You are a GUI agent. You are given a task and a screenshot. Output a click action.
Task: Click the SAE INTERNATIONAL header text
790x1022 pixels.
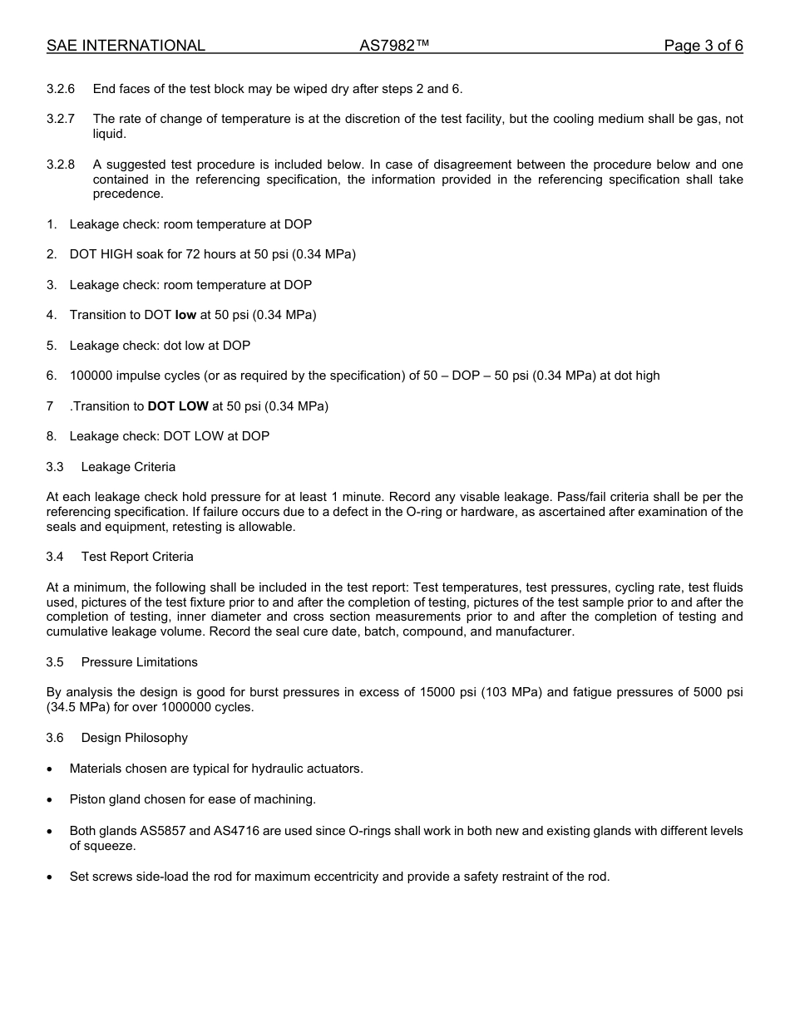tap(126, 47)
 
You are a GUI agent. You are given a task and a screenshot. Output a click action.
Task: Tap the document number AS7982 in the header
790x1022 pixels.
tap(394, 47)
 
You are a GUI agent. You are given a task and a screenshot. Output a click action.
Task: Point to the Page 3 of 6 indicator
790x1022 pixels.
tap(703, 47)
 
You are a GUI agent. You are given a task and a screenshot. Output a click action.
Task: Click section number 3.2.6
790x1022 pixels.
tap(61, 89)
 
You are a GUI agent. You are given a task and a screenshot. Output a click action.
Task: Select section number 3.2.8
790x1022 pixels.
tap(61, 165)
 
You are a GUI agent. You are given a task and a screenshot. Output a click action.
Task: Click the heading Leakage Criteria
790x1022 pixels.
tap(128, 467)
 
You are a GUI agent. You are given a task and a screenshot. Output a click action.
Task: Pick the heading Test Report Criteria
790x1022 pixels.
tap(137, 557)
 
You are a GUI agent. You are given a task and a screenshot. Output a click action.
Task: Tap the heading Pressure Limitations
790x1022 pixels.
tap(140, 662)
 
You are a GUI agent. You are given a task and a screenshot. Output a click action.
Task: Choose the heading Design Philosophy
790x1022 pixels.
tap(135, 738)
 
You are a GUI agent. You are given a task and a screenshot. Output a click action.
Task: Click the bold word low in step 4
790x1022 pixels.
tap(185, 315)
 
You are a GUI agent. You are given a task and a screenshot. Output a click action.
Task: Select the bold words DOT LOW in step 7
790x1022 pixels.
tap(178, 406)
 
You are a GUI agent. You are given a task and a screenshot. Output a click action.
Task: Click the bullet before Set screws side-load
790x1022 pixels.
tap(51, 877)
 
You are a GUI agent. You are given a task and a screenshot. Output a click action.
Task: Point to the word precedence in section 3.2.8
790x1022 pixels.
tap(128, 194)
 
